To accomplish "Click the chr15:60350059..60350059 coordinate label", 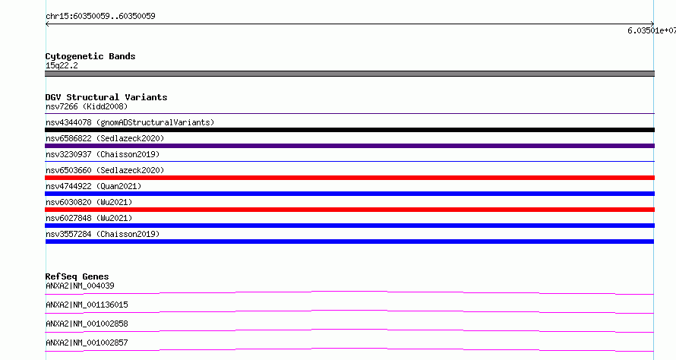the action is [x=100, y=16].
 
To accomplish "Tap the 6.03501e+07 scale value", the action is [x=652, y=30].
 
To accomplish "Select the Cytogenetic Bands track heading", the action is [x=90, y=56].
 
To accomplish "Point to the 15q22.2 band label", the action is [x=62, y=65].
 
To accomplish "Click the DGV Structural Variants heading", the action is [x=106, y=97].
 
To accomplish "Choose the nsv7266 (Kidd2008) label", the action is [x=87, y=106].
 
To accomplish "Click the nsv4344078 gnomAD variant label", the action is [x=130, y=122].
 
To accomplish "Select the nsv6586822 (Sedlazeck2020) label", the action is [x=105, y=138].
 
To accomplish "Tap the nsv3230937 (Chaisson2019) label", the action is [x=103, y=154].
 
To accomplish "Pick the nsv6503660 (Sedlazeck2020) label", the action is [x=105, y=170].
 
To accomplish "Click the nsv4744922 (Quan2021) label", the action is [x=93, y=186].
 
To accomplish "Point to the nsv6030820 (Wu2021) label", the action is [x=89, y=202].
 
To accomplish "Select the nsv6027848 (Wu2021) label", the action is [x=89, y=218].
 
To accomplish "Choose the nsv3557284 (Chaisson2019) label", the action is [x=103, y=234].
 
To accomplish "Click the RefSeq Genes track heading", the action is [x=77, y=276].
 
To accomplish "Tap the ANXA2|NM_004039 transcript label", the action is [x=80, y=286].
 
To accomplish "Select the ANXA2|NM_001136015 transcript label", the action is [x=87, y=305].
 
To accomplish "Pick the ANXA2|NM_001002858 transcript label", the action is [x=87, y=324].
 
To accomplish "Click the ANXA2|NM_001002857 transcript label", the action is [x=87, y=343].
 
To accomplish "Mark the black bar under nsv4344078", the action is [x=349, y=130].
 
